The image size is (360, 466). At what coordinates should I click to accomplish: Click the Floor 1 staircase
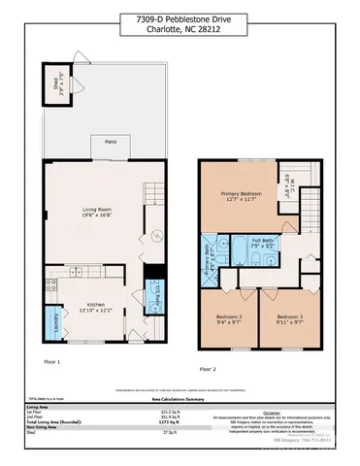pyautogui.click(x=149, y=191)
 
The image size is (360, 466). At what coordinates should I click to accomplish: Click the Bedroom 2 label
pyautogui.click(x=227, y=317)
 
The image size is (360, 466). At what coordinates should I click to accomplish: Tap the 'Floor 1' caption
pyautogui.click(x=51, y=362)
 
